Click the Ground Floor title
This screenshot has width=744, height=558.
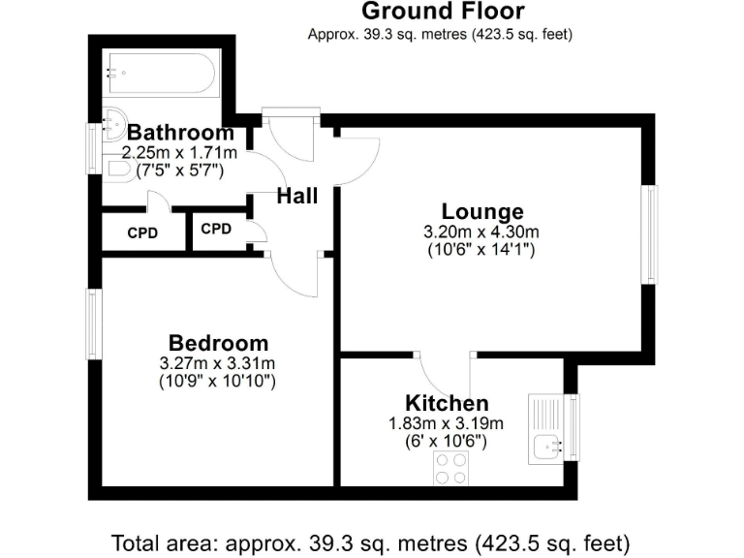(x=442, y=12)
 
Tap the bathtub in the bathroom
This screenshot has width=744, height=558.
(x=162, y=72)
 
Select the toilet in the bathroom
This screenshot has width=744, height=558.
(x=118, y=169)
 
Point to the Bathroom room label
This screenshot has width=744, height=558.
(x=180, y=133)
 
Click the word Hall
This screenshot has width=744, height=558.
(x=296, y=197)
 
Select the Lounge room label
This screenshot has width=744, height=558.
(x=481, y=212)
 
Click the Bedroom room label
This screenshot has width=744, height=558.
(x=218, y=343)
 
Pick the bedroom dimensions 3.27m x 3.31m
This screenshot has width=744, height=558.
(x=218, y=363)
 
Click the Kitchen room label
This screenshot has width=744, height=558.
(x=446, y=403)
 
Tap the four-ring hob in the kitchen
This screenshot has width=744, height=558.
(x=449, y=469)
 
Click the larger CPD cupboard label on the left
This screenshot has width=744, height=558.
(x=142, y=233)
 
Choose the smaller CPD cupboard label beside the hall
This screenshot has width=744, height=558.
(x=216, y=230)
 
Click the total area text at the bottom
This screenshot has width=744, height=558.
(x=372, y=541)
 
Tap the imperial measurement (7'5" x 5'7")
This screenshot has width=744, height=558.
(x=173, y=170)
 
